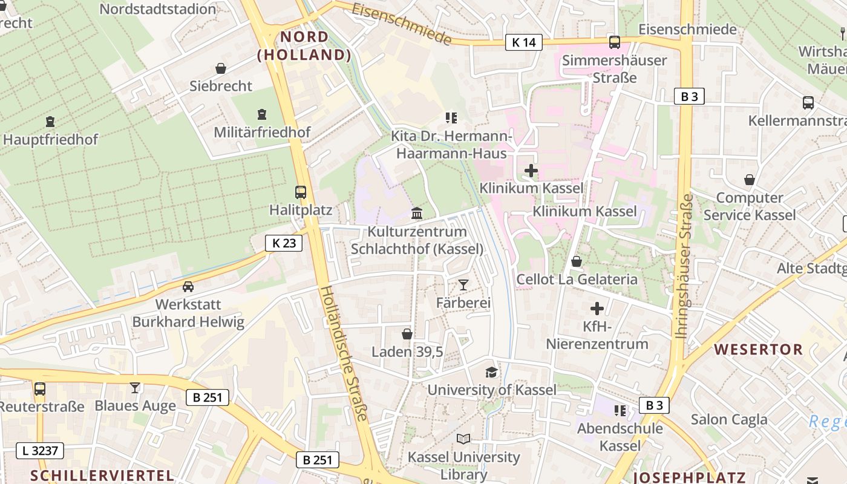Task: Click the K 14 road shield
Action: click(523, 42)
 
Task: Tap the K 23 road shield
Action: click(284, 243)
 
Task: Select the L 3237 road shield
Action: click(39, 451)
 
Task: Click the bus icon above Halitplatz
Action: click(301, 192)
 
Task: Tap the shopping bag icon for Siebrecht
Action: click(221, 69)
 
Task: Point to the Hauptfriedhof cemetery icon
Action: click(50, 122)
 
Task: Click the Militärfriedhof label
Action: click(262, 132)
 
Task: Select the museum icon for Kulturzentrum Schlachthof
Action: click(417, 214)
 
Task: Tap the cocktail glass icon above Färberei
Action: click(463, 284)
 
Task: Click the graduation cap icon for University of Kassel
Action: click(491, 372)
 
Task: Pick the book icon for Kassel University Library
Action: click(463, 439)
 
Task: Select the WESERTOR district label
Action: click(758, 349)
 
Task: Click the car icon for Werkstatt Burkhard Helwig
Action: click(188, 287)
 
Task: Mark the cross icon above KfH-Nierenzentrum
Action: click(597, 309)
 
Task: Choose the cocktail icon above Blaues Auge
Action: click(134, 388)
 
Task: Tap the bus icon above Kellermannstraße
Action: click(808, 103)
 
